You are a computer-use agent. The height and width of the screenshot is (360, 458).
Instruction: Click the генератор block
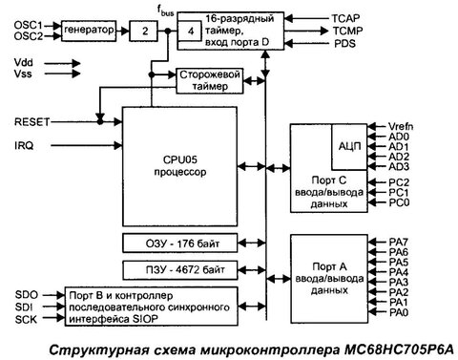coord(92,31)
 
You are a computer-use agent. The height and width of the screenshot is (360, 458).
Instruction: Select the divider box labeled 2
coord(145,31)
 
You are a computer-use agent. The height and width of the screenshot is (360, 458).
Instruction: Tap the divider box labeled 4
coord(195,31)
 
